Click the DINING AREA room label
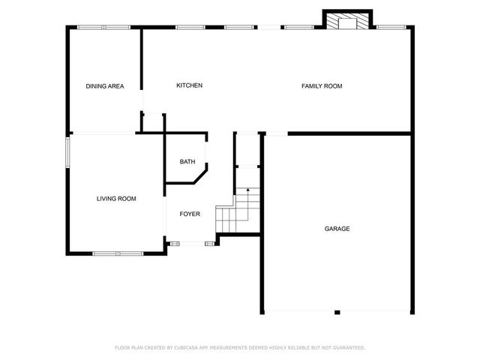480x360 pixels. coord(105,86)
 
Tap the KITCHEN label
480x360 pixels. coord(189,85)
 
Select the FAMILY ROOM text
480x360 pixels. coord(322,86)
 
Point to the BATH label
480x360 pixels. coord(187,162)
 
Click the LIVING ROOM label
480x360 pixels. coord(116,199)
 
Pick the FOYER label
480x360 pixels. coord(190,214)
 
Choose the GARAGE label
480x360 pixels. coord(337,229)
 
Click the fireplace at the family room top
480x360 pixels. coord(347,21)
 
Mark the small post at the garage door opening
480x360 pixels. coord(337,312)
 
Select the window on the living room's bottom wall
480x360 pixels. coord(118,253)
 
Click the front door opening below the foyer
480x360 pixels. coord(192,243)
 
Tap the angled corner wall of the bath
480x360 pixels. coord(200,177)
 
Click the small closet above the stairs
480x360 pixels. coord(247,150)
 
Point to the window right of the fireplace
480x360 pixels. coord(388,28)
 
